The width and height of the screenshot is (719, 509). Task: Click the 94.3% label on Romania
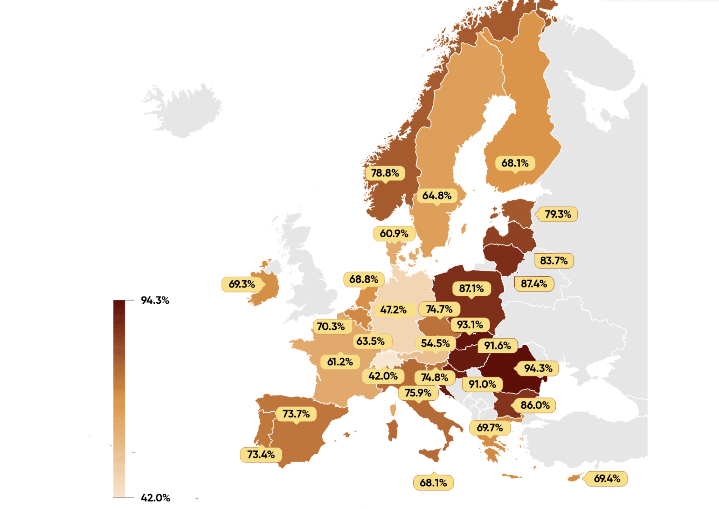[538, 368]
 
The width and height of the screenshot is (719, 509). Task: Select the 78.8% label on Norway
[385, 173]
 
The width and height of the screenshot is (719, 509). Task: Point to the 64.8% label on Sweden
[437, 196]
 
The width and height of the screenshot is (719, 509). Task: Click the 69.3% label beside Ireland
[241, 284]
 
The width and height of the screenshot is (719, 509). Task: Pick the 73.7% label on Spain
[296, 414]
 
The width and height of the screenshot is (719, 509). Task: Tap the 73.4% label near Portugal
[260, 455]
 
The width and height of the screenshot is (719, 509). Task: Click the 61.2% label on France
[340, 362]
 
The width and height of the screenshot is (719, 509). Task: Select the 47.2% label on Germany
[393, 310]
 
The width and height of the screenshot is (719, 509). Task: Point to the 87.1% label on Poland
[471, 288]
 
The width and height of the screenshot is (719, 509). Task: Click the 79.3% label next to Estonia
[558, 214]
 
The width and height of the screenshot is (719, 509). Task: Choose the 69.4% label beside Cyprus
[607, 479]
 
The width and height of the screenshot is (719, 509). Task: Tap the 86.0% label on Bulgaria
[535, 405]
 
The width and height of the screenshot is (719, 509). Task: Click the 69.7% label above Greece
[489, 428]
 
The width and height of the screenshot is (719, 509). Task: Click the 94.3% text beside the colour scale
[155, 300]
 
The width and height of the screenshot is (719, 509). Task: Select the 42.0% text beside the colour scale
[155, 498]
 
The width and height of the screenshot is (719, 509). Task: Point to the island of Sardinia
[392, 430]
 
